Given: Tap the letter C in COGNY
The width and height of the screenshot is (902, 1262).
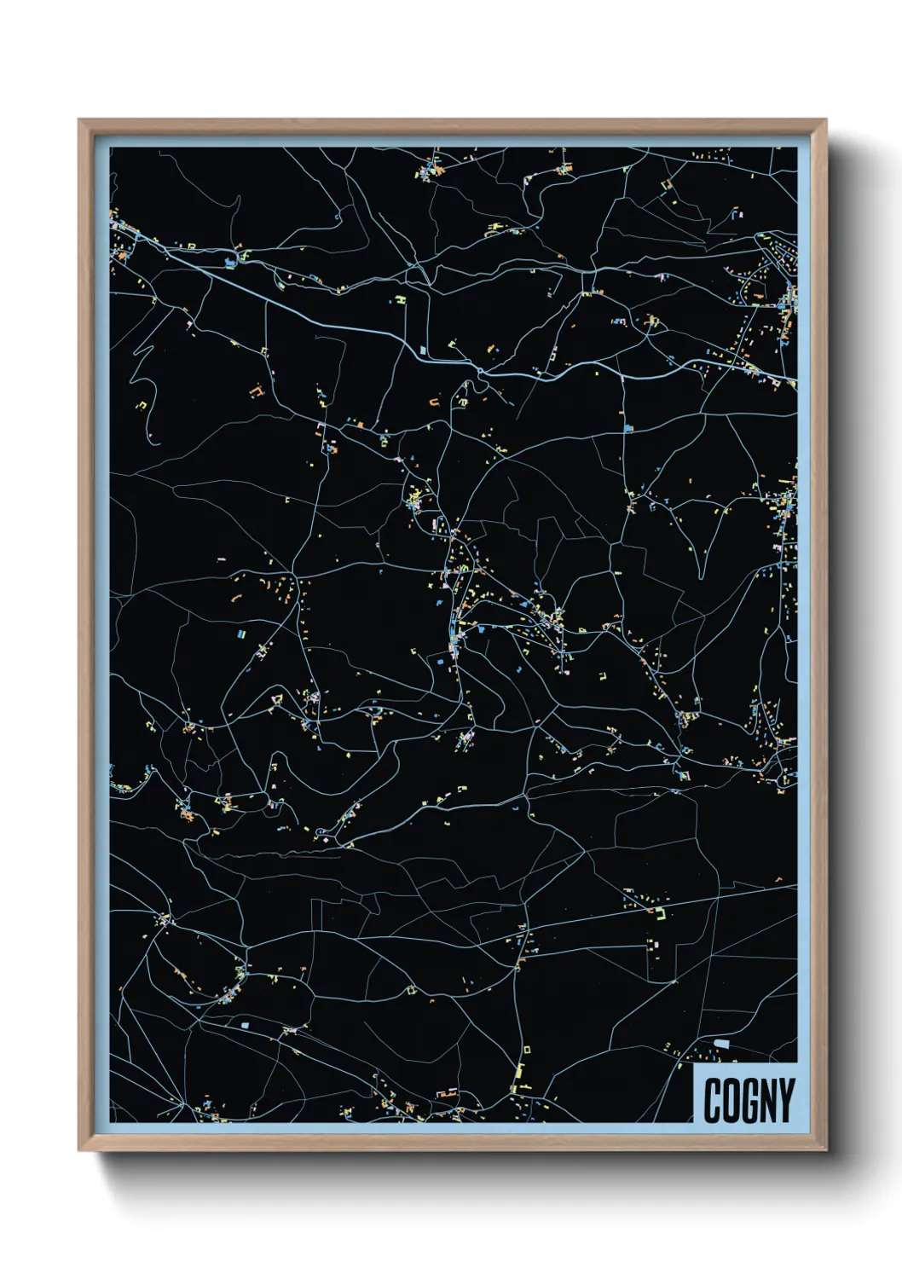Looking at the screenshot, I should (x=713, y=1100).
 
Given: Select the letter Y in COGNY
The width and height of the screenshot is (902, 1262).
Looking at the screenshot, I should (x=785, y=1100).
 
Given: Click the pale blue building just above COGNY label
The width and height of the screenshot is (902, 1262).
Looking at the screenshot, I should (x=721, y=1044).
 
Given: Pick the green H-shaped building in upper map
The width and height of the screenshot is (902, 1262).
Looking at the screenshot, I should (x=400, y=300).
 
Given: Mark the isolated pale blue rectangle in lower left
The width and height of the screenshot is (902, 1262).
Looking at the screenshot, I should (x=246, y=1022).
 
